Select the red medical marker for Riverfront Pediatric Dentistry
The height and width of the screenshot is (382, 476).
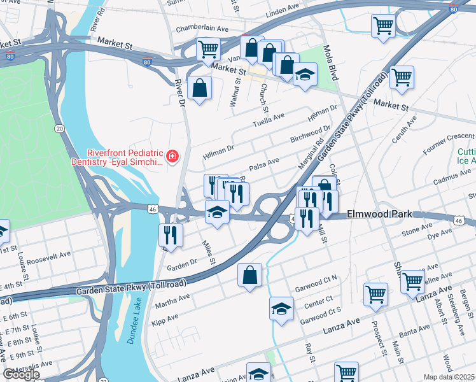[x=171, y=156]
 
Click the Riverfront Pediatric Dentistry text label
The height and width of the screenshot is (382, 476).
[x=125, y=157]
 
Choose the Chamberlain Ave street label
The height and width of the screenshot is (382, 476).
[x=193, y=29]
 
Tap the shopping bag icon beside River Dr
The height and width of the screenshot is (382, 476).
[x=200, y=88]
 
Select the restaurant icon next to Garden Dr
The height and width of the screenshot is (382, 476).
[x=171, y=235]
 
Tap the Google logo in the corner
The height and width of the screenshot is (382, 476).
[x=21, y=374]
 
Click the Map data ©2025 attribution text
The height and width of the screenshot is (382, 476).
[x=449, y=377]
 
